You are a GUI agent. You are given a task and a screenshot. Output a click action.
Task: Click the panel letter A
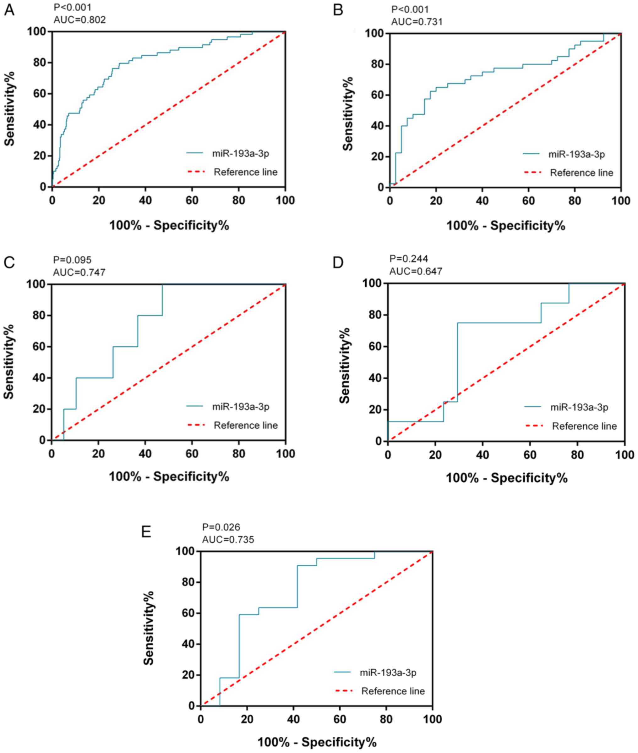(x=9, y=10)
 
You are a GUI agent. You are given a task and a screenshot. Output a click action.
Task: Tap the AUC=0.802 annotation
(x=79, y=20)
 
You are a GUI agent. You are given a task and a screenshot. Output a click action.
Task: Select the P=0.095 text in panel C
(x=72, y=260)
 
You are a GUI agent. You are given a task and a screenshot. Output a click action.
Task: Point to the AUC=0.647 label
(x=416, y=271)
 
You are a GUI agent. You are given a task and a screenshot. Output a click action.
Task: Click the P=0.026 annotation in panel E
(x=221, y=527)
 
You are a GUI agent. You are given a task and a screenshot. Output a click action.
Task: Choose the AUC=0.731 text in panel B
(x=417, y=22)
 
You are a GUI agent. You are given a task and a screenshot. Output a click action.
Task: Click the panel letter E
(x=146, y=532)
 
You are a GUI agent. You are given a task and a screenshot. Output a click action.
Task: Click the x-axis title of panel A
(x=169, y=225)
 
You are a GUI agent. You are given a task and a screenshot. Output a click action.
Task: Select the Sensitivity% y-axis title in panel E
(x=149, y=628)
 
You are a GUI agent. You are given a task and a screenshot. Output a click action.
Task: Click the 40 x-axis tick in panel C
(x=145, y=453)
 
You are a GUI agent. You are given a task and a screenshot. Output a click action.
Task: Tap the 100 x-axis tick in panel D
(x=624, y=454)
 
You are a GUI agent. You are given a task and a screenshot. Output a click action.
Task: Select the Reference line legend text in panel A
(x=246, y=172)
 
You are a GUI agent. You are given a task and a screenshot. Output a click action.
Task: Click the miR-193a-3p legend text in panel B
(x=576, y=155)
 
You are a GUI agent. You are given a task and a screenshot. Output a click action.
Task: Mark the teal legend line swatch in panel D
(x=533, y=407)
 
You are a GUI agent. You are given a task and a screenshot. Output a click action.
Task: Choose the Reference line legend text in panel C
(x=246, y=425)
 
